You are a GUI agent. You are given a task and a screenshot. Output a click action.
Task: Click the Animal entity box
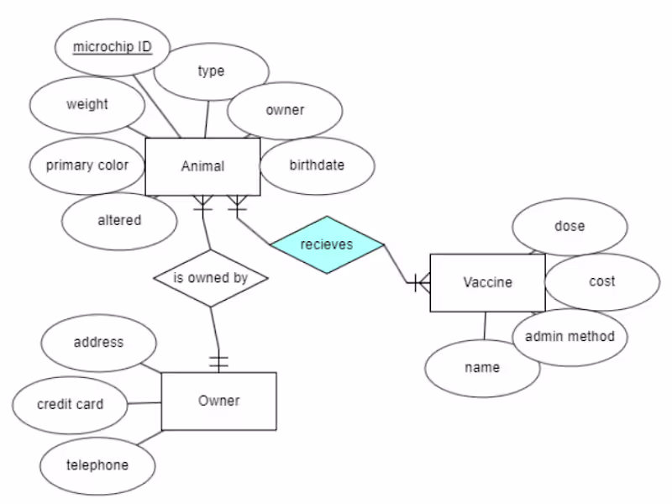pyautogui.click(x=202, y=166)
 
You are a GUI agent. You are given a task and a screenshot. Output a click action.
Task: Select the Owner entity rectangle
pyautogui.click(x=218, y=401)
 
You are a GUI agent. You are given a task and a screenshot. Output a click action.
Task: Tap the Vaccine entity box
pyautogui.click(x=487, y=282)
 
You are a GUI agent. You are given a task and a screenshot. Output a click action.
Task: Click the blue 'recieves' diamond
pyautogui.click(x=327, y=244)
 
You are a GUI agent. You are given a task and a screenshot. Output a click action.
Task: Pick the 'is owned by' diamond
pyautogui.click(x=210, y=277)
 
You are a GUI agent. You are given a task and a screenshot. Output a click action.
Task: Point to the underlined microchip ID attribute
pyautogui.click(x=112, y=47)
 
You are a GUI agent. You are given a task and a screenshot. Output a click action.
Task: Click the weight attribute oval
pyautogui.click(x=87, y=105)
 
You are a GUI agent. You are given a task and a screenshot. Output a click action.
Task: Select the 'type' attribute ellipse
pyautogui.click(x=211, y=71)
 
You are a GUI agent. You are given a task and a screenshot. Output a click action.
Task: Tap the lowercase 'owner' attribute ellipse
pyautogui.click(x=285, y=110)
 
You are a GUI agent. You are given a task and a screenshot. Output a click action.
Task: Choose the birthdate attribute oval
pyautogui.click(x=317, y=165)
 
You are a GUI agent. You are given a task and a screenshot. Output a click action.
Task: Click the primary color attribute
pyautogui.click(x=87, y=165)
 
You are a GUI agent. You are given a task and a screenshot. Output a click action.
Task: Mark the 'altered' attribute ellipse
pyautogui.click(x=119, y=221)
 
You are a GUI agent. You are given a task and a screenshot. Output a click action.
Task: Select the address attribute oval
pyautogui.click(x=98, y=343)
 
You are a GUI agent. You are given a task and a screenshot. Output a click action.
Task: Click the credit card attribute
pyautogui.click(x=71, y=404)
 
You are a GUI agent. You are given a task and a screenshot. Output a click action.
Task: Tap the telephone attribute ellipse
pyautogui.click(x=97, y=465)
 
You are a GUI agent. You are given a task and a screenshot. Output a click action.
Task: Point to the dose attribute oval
pyautogui.click(x=570, y=226)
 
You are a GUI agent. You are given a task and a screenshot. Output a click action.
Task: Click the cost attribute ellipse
pyautogui.click(x=601, y=281)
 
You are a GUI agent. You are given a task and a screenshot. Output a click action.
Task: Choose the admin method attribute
pyautogui.click(x=570, y=337)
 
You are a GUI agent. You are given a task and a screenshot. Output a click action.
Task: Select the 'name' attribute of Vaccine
pyautogui.click(x=482, y=368)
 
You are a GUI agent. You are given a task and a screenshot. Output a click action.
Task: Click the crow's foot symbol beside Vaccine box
pyautogui.click(x=419, y=283)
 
